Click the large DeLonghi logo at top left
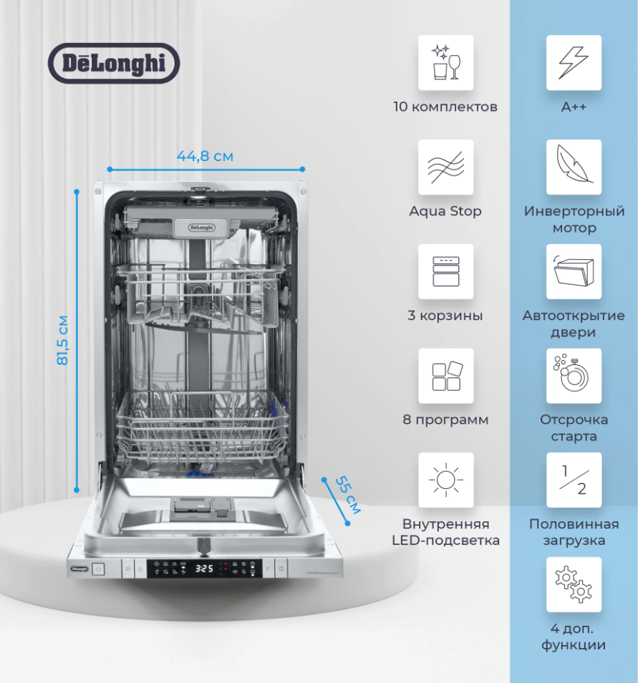[x=113, y=63]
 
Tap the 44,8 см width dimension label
[x=206, y=156]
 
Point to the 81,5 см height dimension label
[x=63, y=340]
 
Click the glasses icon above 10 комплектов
[x=445, y=63]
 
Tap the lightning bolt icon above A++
[x=574, y=63]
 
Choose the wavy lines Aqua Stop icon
[x=445, y=167]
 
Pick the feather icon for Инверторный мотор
[x=574, y=167]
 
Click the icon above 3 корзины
[x=445, y=271]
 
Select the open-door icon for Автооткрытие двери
[x=574, y=271]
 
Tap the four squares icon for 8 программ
[x=445, y=376]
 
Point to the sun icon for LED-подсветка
[x=445, y=480]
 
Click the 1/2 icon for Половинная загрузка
[x=574, y=480]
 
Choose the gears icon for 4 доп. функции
[x=574, y=584]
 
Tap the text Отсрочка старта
[x=574, y=428]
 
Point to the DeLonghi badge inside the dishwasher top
[x=200, y=227]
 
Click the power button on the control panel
[x=98, y=570]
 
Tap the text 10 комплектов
[x=445, y=107]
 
